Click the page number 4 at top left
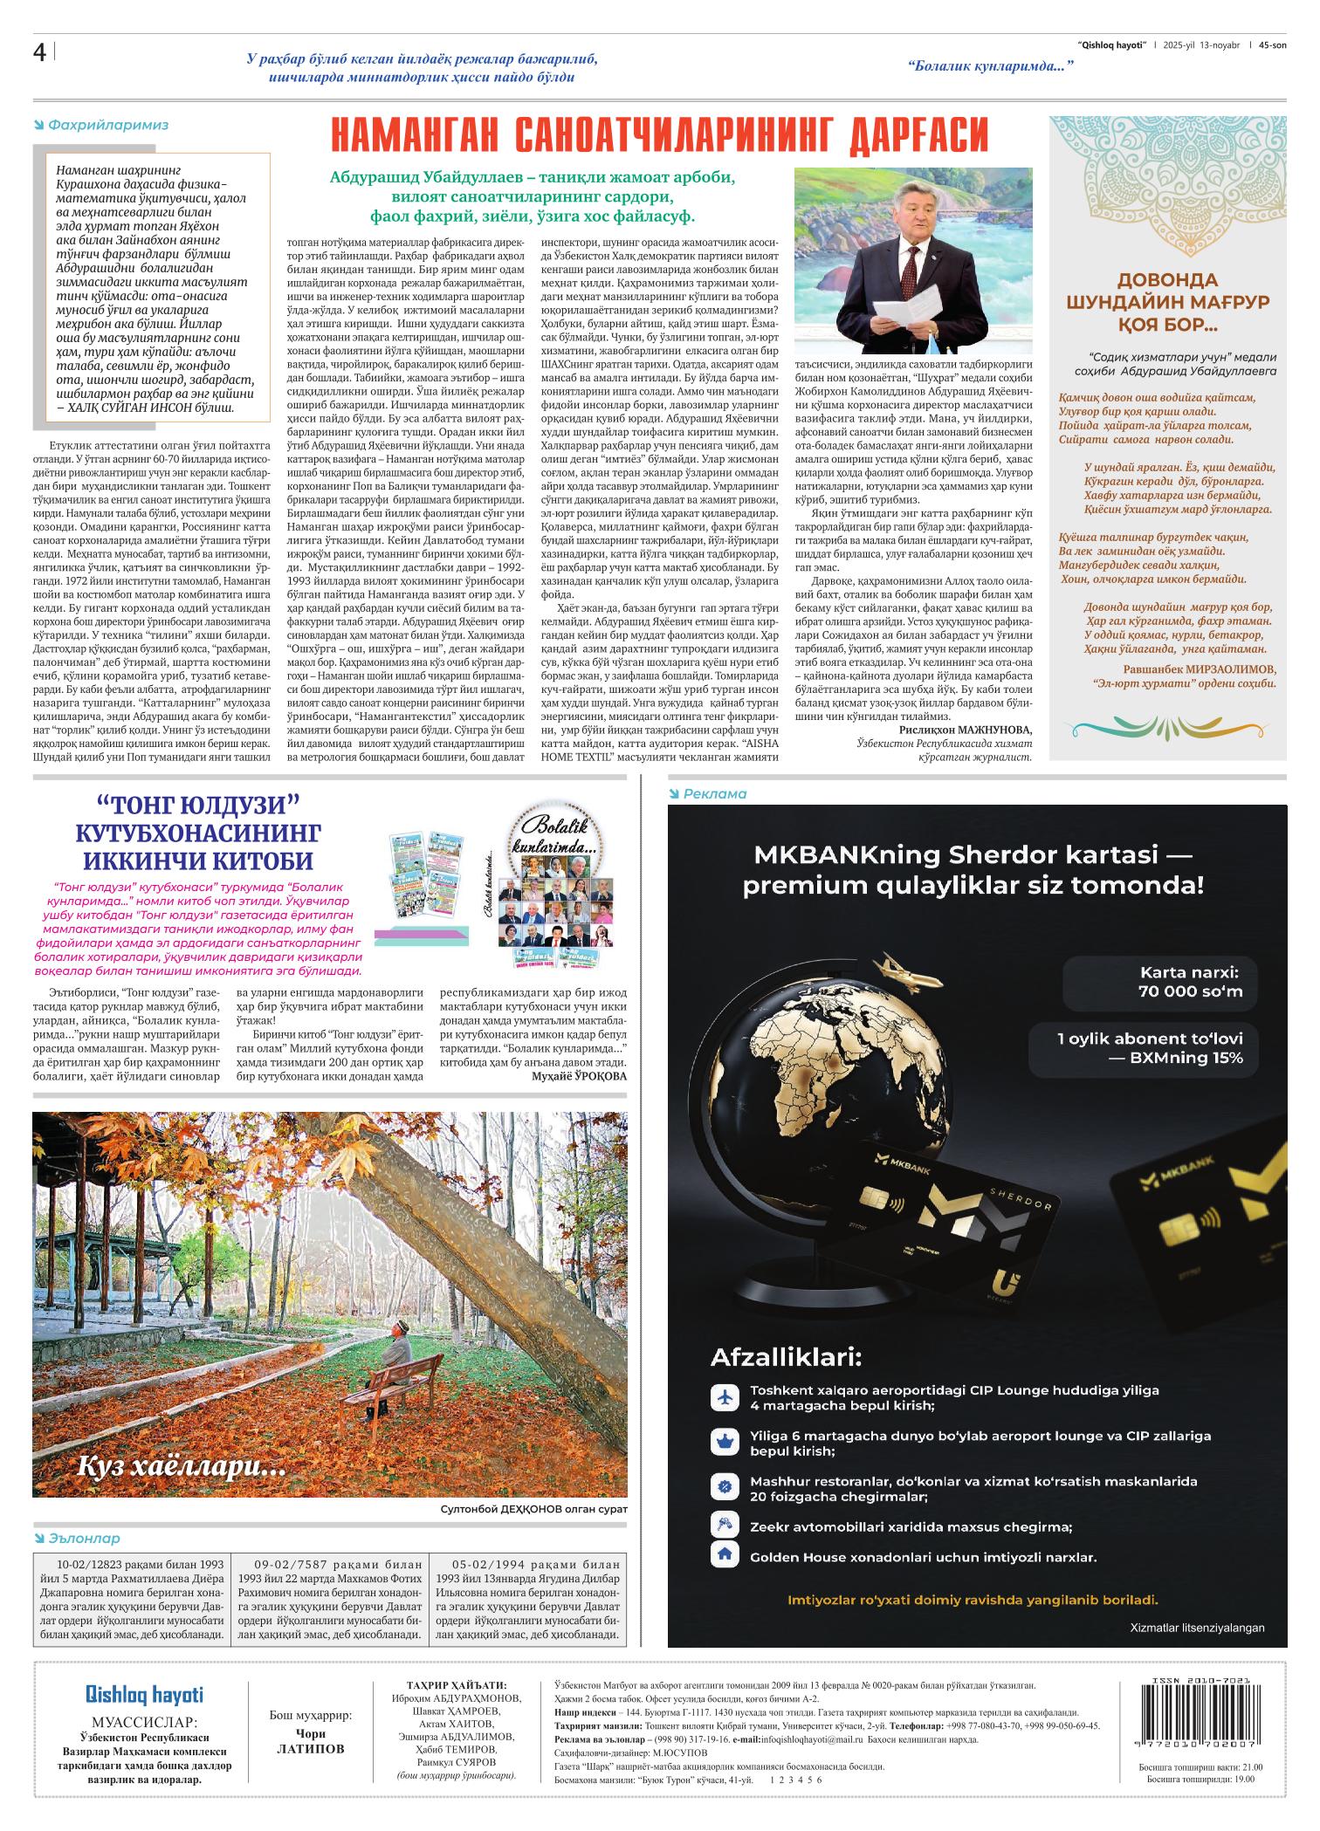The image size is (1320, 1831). pos(39,53)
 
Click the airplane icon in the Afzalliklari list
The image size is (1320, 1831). pos(723,1397)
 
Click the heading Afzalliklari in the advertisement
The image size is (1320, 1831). pos(786,1357)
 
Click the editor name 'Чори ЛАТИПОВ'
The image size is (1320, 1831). pos(311,1741)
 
